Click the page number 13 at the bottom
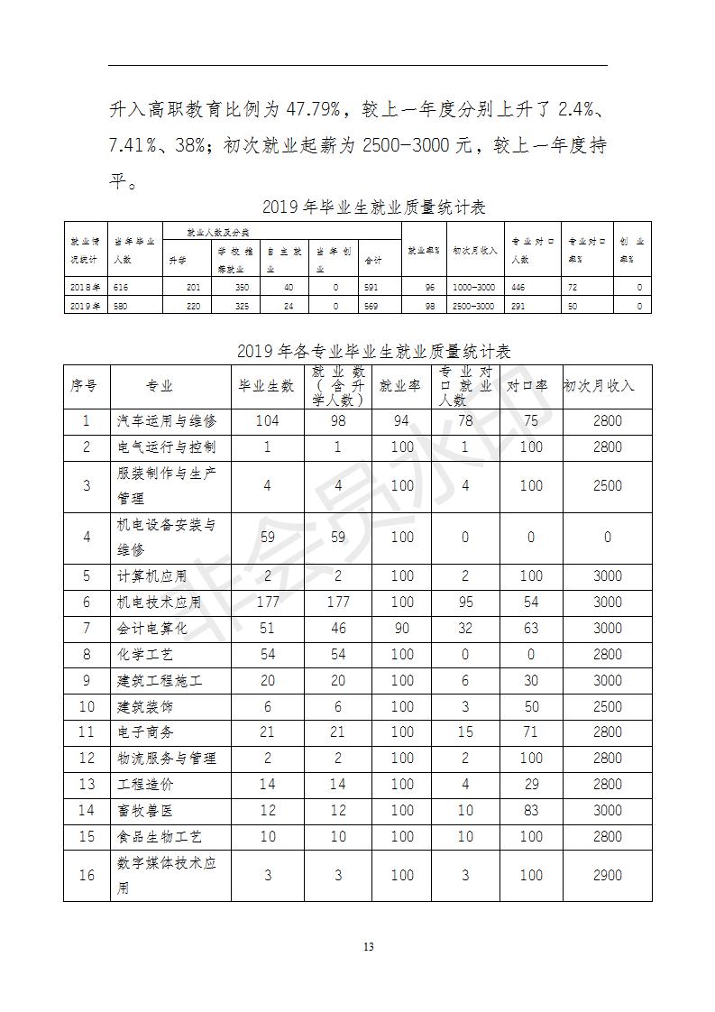[x=367, y=946]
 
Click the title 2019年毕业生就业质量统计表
[x=373, y=207]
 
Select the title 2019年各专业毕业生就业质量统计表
[x=373, y=350]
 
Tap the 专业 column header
[x=160, y=386]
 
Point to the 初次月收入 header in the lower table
[x=599, y=386]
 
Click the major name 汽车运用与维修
[x=167, y=421]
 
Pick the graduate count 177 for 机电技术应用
[x=268, y=603]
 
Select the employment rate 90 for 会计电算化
[x=402, y=629]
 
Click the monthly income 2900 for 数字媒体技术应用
[x=607, y=875]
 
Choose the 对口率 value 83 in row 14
[x=531, y=811]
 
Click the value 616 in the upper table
[x=123, y=288]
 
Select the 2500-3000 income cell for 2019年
[x=473, y=307]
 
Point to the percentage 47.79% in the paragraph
[x=313, y=110]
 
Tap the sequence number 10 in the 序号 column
[x=87, y=706]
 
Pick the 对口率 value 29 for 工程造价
[x=531, y=785]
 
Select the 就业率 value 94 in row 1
[x=402, y=421]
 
